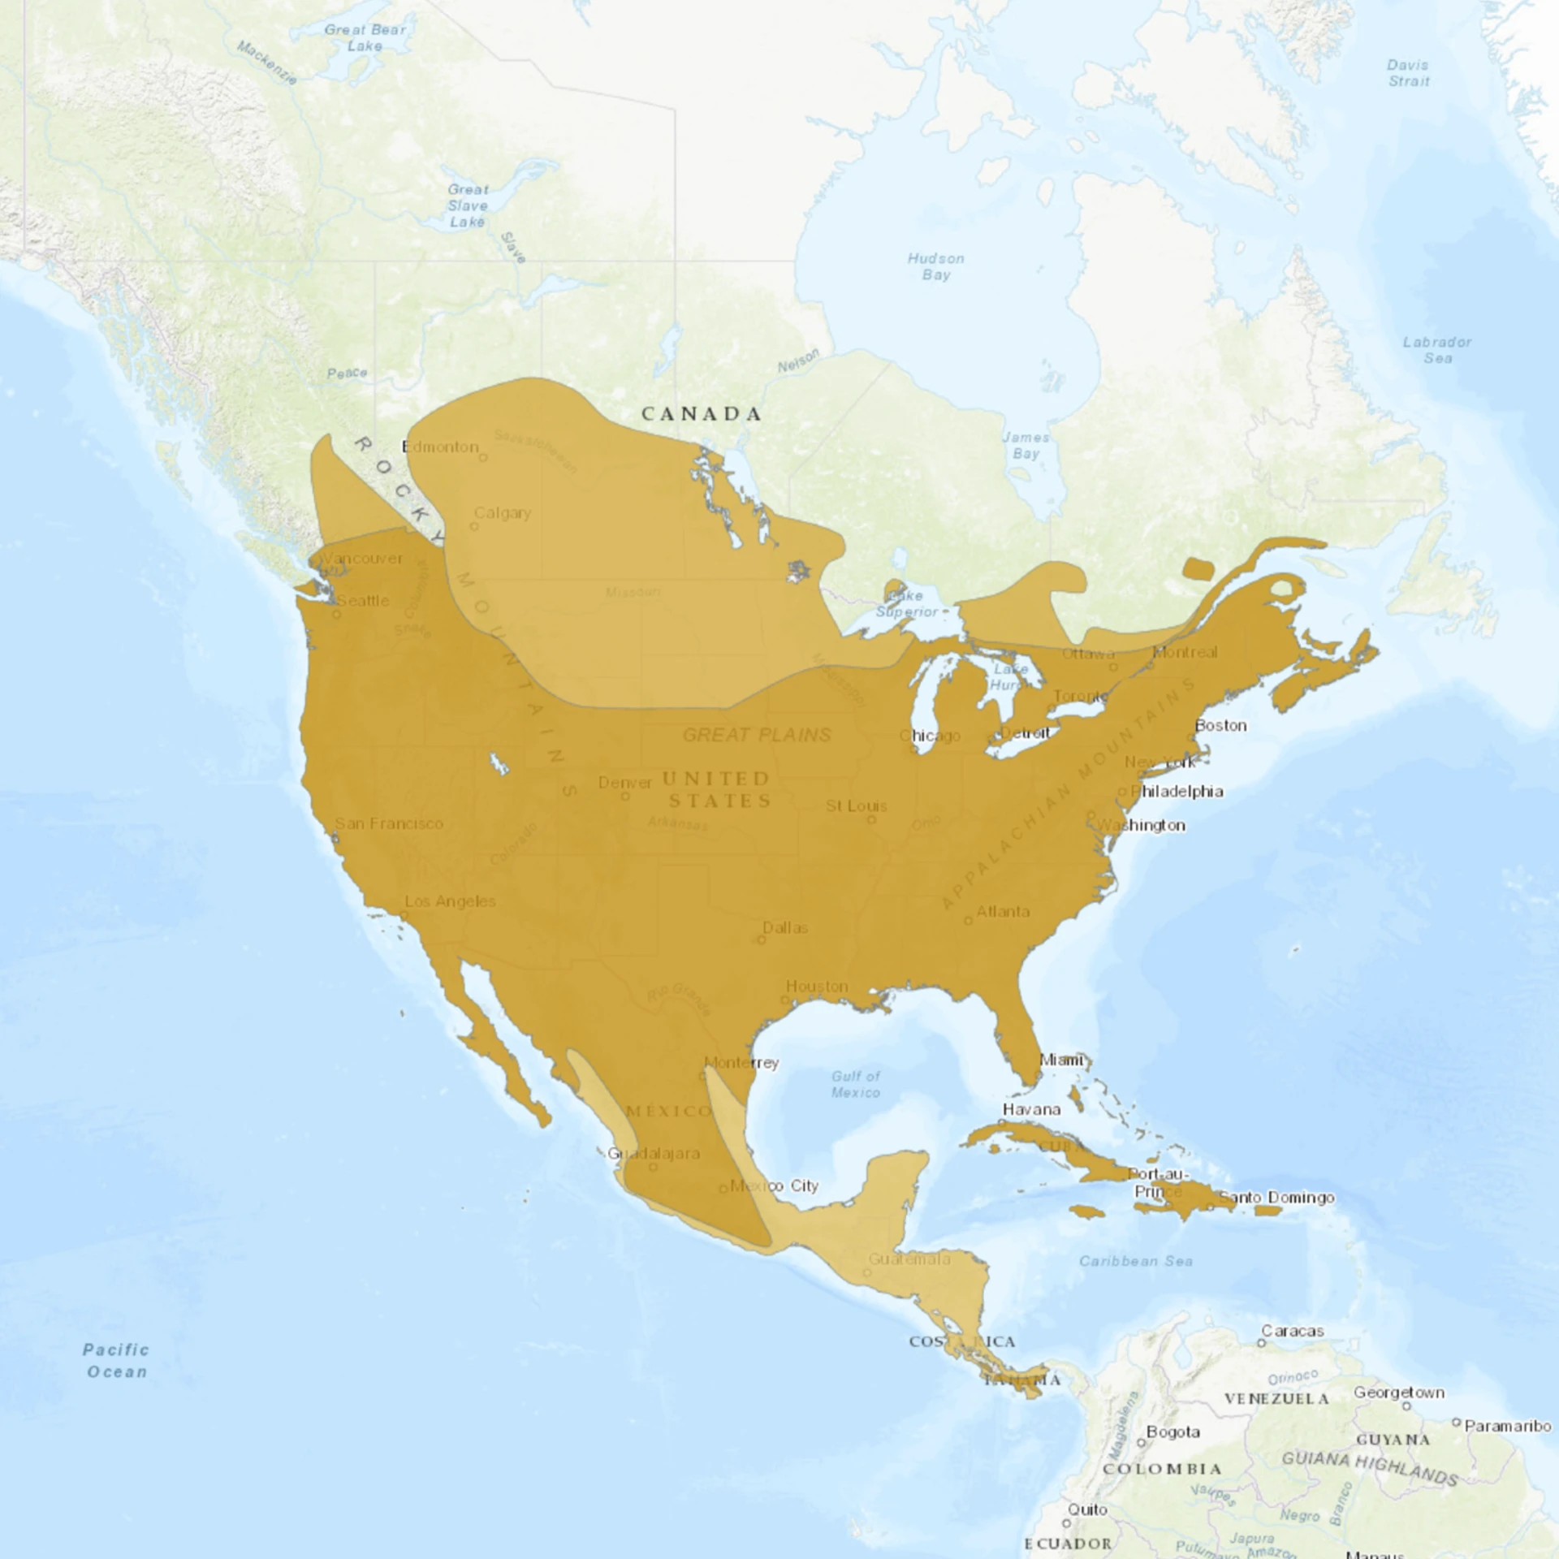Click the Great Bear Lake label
point(365,38)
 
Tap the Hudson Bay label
point(935,266)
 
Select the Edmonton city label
point(440,447)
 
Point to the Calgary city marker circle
point(474,526)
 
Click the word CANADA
point(702,414)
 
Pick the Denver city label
point(625,783)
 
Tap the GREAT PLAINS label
point(757,735)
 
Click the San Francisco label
point(389,823)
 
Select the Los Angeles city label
point(450,901)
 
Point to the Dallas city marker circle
point(762,940)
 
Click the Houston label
point(817,986)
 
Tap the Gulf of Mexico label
point(855,1084)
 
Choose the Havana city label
point(1031,1109)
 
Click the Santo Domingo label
point(1276,1197)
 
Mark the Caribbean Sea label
point(1135,1261)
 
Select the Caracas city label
point(1293,1331)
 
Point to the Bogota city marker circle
point(1141,1443)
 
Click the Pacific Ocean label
point(116,1360)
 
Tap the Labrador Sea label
point(1437,350)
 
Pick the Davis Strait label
point(1408,73)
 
